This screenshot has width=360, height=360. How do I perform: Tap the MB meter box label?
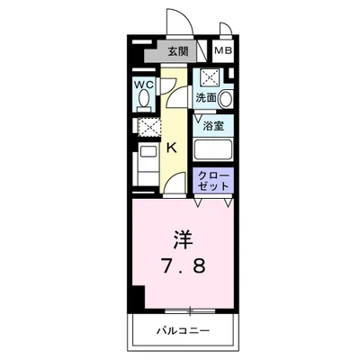click(x=223, y=51)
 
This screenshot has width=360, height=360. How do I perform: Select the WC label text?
click(x=144, y=85)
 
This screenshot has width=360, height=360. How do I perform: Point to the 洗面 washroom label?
click(x=206, y=96)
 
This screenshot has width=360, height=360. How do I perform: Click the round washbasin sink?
click(x=226, y=98)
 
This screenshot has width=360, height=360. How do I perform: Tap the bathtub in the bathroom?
click(x=213, y=151)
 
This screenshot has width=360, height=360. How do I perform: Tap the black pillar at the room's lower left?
click(x=136, y=296)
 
